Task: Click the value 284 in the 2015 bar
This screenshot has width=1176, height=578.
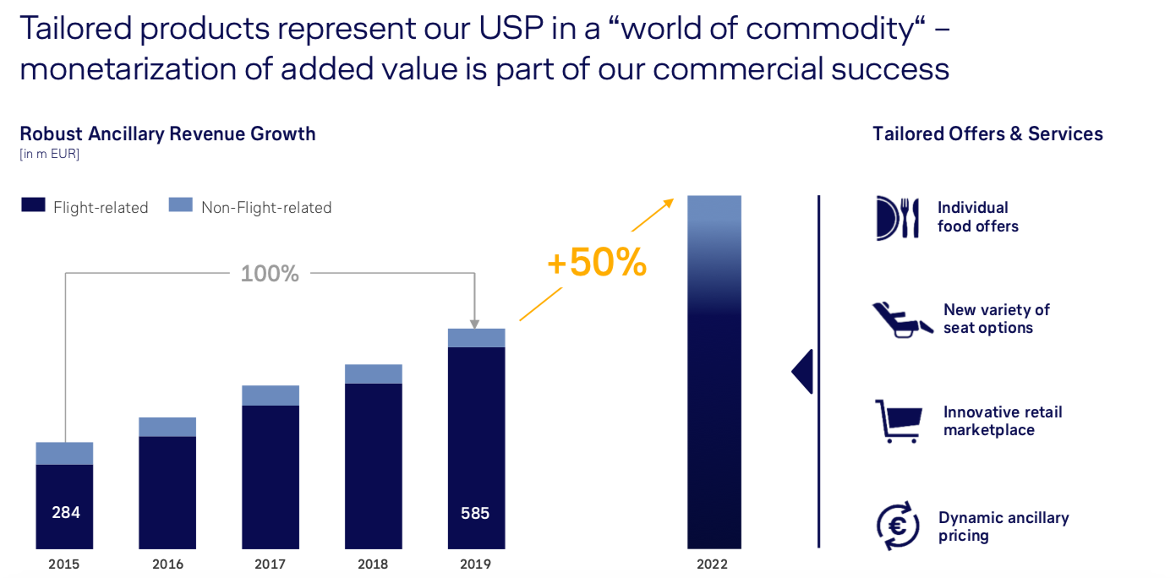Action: (65, 512)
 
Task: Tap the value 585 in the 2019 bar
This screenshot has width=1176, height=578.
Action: (475, 512)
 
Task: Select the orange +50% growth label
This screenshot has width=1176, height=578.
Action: (597, 264)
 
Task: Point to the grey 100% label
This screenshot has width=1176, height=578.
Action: (270, 274)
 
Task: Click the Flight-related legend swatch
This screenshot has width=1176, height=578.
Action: (33, 204)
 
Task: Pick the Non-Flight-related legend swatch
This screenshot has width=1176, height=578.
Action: (181, 204)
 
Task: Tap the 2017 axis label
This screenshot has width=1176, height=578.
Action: (271, 564)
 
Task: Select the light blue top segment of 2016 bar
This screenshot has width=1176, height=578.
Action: (167, 427)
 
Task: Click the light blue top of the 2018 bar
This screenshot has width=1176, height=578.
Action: (374, 374)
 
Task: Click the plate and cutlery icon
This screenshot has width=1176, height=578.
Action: (897, 217)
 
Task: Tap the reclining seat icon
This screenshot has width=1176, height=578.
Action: (901, 319)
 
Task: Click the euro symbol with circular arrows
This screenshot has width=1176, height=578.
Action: (898, 526)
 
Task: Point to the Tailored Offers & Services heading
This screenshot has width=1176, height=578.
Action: (987, 134)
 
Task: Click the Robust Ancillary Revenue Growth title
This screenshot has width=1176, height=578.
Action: (167, 134)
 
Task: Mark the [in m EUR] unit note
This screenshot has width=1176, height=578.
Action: (49, 154)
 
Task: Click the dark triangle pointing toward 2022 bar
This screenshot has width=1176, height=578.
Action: (803, 372)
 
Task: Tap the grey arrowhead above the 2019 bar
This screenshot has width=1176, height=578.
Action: (474, 323)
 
